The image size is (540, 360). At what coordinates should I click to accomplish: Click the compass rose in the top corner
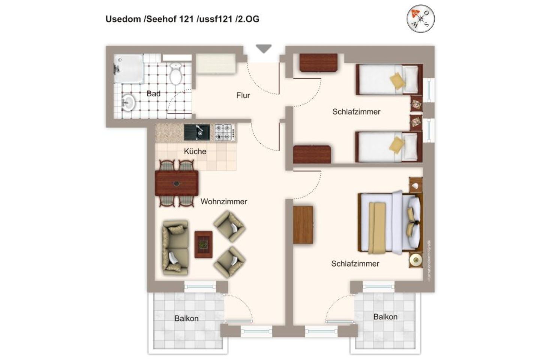(x=420, y=18)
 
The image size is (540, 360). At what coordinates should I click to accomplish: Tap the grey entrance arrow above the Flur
(x=263, y=49)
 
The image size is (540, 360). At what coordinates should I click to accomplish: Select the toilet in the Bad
(x=175, y=73)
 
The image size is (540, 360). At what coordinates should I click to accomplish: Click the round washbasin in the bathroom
(x=128, y=102)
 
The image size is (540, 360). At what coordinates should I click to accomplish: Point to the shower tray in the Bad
(x=129, y=69)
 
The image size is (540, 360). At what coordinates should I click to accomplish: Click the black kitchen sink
(x=197, y=132)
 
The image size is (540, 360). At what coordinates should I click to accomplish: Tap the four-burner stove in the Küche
(x=225, y=132)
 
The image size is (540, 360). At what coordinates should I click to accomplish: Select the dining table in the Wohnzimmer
(x=177, y=183)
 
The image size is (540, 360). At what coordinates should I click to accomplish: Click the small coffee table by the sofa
(x=203, y=244)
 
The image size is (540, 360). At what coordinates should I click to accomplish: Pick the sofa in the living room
(x=175, y=247)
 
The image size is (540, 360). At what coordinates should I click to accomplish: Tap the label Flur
(x=243, y=96)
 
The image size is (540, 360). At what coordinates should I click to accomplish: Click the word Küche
(x=195, y=151)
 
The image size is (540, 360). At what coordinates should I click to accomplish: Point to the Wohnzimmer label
(x=223, y=202)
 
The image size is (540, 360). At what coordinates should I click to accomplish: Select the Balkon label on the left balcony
(x=186, y=318)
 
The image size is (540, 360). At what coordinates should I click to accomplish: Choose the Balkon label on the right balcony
(x=385, y=317)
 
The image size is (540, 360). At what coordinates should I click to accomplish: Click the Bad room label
(x=153, y=94)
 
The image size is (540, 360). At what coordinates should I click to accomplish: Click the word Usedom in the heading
(x=123, y=19)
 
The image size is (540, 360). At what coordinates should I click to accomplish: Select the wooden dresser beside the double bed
(x=303, y=225)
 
